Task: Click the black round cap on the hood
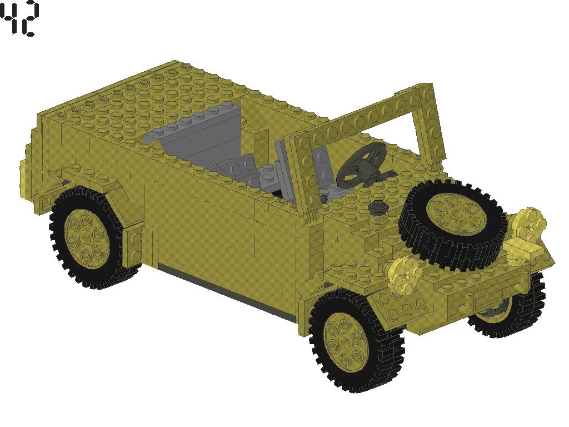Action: click(x=378, y=207)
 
